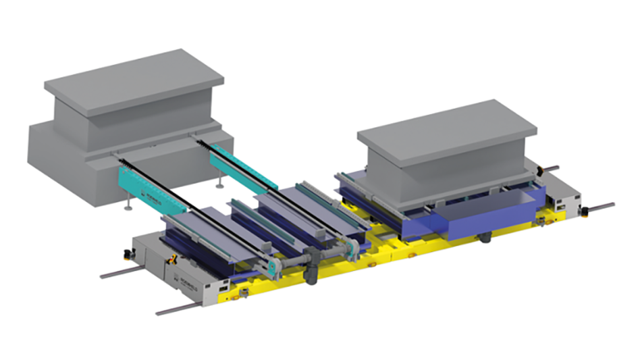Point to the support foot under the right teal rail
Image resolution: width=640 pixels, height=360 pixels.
pos(219,182)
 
